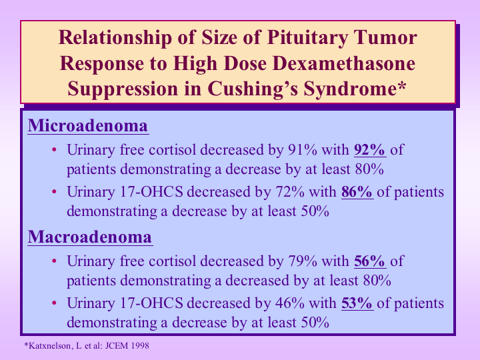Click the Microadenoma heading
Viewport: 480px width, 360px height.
(x=88, y=125)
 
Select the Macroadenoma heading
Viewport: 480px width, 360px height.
(x=90, y=237)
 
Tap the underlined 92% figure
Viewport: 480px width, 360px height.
(x=370, y=150)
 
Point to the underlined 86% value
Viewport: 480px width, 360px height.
(x=357, y=192)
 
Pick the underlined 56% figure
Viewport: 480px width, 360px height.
(x=370, y=261)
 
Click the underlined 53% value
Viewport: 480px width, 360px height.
(x=357, y=303)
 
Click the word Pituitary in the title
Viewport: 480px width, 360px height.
(x=307, y=38)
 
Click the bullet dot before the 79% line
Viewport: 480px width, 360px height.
(x=55, y=261)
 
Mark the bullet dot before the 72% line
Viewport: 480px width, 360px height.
(x=55, y=192)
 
